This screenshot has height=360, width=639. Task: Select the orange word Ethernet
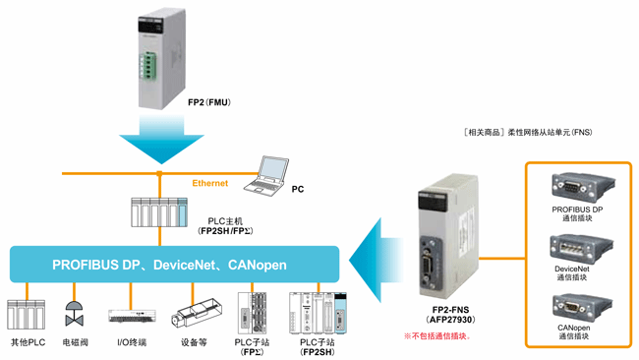tap(209, 182)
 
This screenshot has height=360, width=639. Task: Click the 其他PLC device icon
tap(27, 314)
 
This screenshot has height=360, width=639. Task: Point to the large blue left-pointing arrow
tap(378, 262)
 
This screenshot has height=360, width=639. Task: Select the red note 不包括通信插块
tap(437, 335)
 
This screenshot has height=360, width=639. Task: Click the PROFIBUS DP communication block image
tap(571, 187)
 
